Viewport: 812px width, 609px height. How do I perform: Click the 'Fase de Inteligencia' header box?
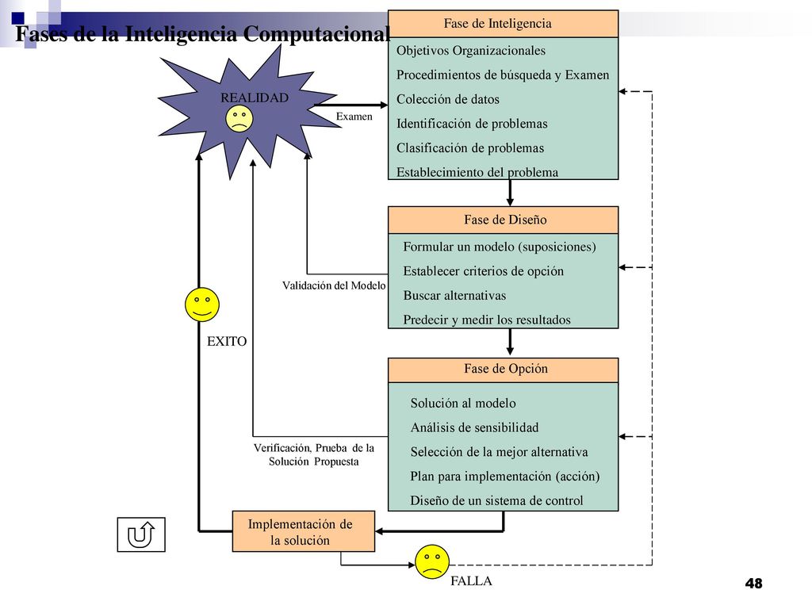coord(503,24)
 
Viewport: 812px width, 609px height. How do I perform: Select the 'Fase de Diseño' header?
coord(503,220)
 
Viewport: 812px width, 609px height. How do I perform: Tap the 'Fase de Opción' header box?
coord(503,370)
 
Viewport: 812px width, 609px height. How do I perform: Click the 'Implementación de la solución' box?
coord(304,531)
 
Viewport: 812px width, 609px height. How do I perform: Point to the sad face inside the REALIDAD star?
coord(239,119)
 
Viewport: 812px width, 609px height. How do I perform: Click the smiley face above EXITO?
coord(202,304)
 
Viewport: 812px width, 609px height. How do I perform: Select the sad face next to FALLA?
coord(432,562)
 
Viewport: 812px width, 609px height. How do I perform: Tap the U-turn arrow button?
coord(141,534)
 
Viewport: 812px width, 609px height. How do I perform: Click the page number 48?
coord(754,584)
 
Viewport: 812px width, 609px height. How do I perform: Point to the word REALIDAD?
coord(255,98)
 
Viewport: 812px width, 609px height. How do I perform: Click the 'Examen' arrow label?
coord(354,117)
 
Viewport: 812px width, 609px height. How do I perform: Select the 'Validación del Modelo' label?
coord(334,285)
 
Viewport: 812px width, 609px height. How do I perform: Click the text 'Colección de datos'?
coord(448,99)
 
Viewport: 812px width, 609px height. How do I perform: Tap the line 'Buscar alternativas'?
coord(454,296)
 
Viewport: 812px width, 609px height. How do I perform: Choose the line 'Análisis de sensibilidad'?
coord(474,427)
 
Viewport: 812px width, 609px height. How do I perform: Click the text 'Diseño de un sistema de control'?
coord(496,501)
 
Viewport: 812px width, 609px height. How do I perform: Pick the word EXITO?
coord(227,341)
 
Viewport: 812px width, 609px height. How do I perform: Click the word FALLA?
coord(471,581)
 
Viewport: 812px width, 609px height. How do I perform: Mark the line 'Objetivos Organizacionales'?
coord(471,51)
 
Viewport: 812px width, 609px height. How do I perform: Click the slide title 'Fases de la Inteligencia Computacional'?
coord(202,33)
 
